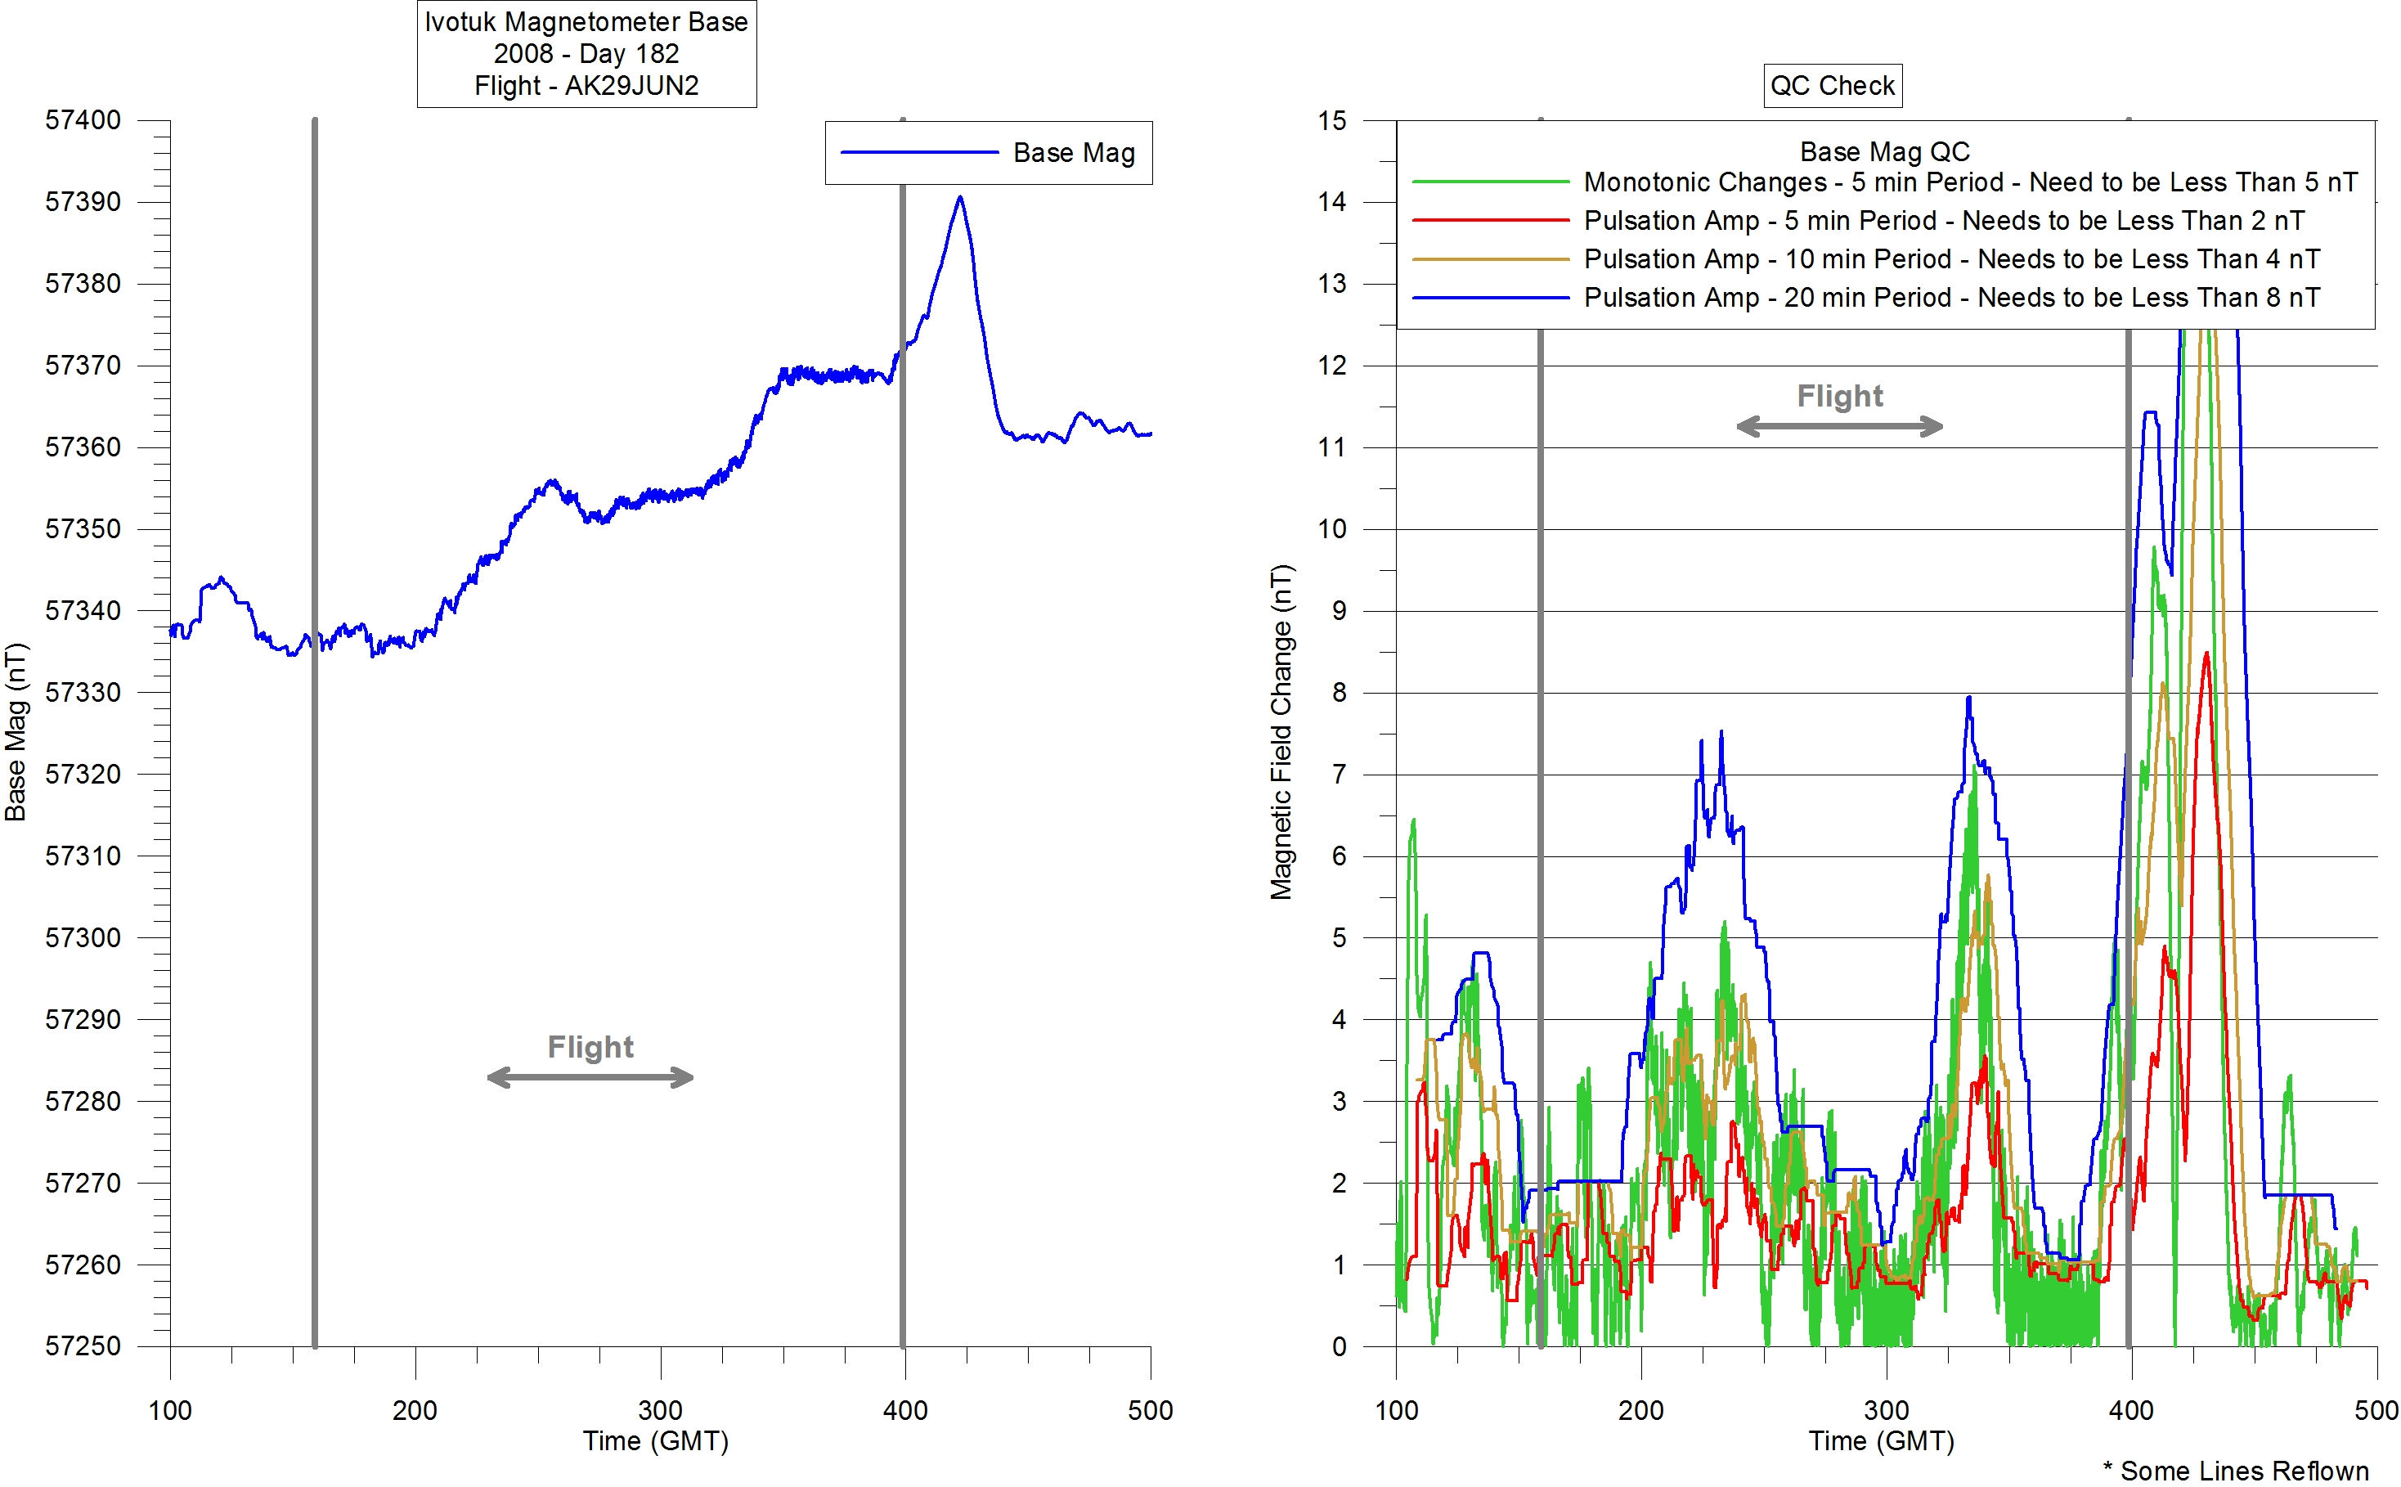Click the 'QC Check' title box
[x=1832, y=86]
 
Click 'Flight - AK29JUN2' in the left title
[x=586, y=86]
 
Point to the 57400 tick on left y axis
[x=83, y=120]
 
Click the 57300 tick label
[x=83, y=937]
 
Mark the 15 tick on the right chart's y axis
[x=1332, y=120]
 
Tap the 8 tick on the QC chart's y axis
[x=1340, y=692]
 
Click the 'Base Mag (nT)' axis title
[x=16, y=732]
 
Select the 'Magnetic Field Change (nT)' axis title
[x=1281, y=732]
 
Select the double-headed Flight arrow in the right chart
[x=1839, y=426]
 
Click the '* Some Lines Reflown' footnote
[x=2236, y=1471]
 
